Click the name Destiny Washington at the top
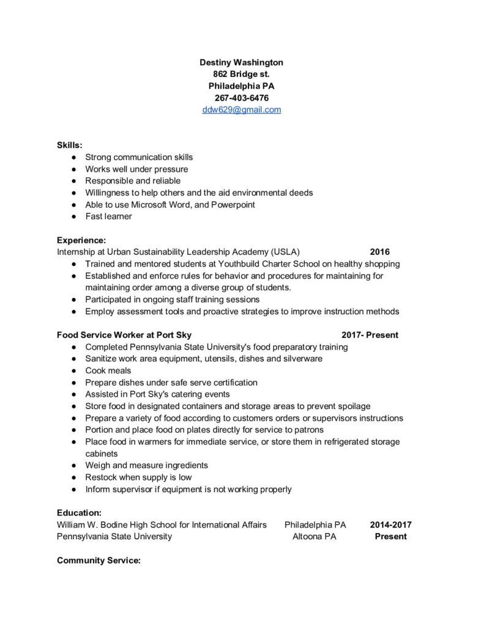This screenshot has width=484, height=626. pos(241,62)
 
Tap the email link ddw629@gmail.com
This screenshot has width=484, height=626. pos(241,110)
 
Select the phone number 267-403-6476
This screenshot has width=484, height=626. pos(241,98)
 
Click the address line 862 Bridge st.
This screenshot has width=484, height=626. pos(241,74)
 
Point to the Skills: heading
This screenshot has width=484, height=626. pos(69,145)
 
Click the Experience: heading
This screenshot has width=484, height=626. pos(81,240)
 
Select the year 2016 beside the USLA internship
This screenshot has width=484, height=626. pos(379,252)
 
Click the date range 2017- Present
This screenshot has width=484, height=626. pos(370,335)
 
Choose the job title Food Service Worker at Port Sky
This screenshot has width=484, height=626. pos(124,335)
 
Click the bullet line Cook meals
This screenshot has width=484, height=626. pos(108,370)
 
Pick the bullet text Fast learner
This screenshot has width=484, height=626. pos(108,216)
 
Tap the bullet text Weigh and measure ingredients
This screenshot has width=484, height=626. pos(146,465)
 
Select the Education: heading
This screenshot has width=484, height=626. pos(79,513)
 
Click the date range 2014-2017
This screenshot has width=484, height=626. pos(390,525)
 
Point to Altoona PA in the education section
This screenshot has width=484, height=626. pos(314,537)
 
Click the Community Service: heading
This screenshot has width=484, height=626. pos(99,560)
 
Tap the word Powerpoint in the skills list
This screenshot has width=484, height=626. pos(233,205)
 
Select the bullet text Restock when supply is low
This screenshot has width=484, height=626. pos(138,477)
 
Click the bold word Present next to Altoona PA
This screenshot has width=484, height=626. pos(390,537)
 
